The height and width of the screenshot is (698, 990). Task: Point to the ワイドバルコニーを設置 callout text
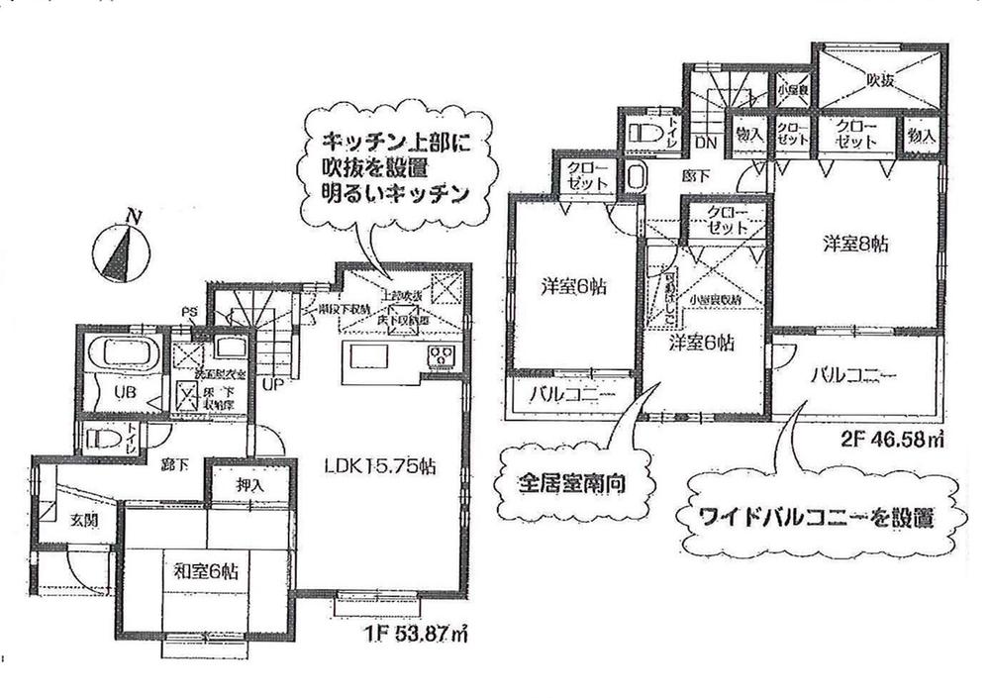[806, 518]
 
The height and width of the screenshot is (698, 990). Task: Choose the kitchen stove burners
[439, 356]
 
